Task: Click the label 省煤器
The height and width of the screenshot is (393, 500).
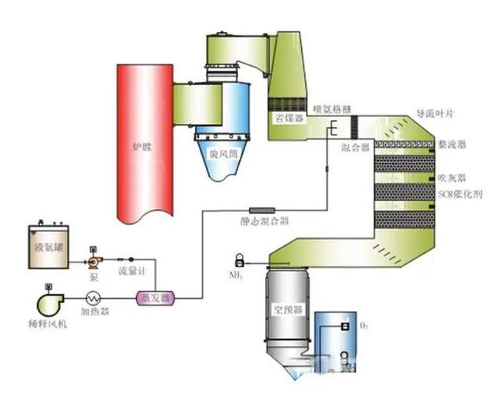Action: [285, 117]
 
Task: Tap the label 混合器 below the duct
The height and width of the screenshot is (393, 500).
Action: [355, 148]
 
